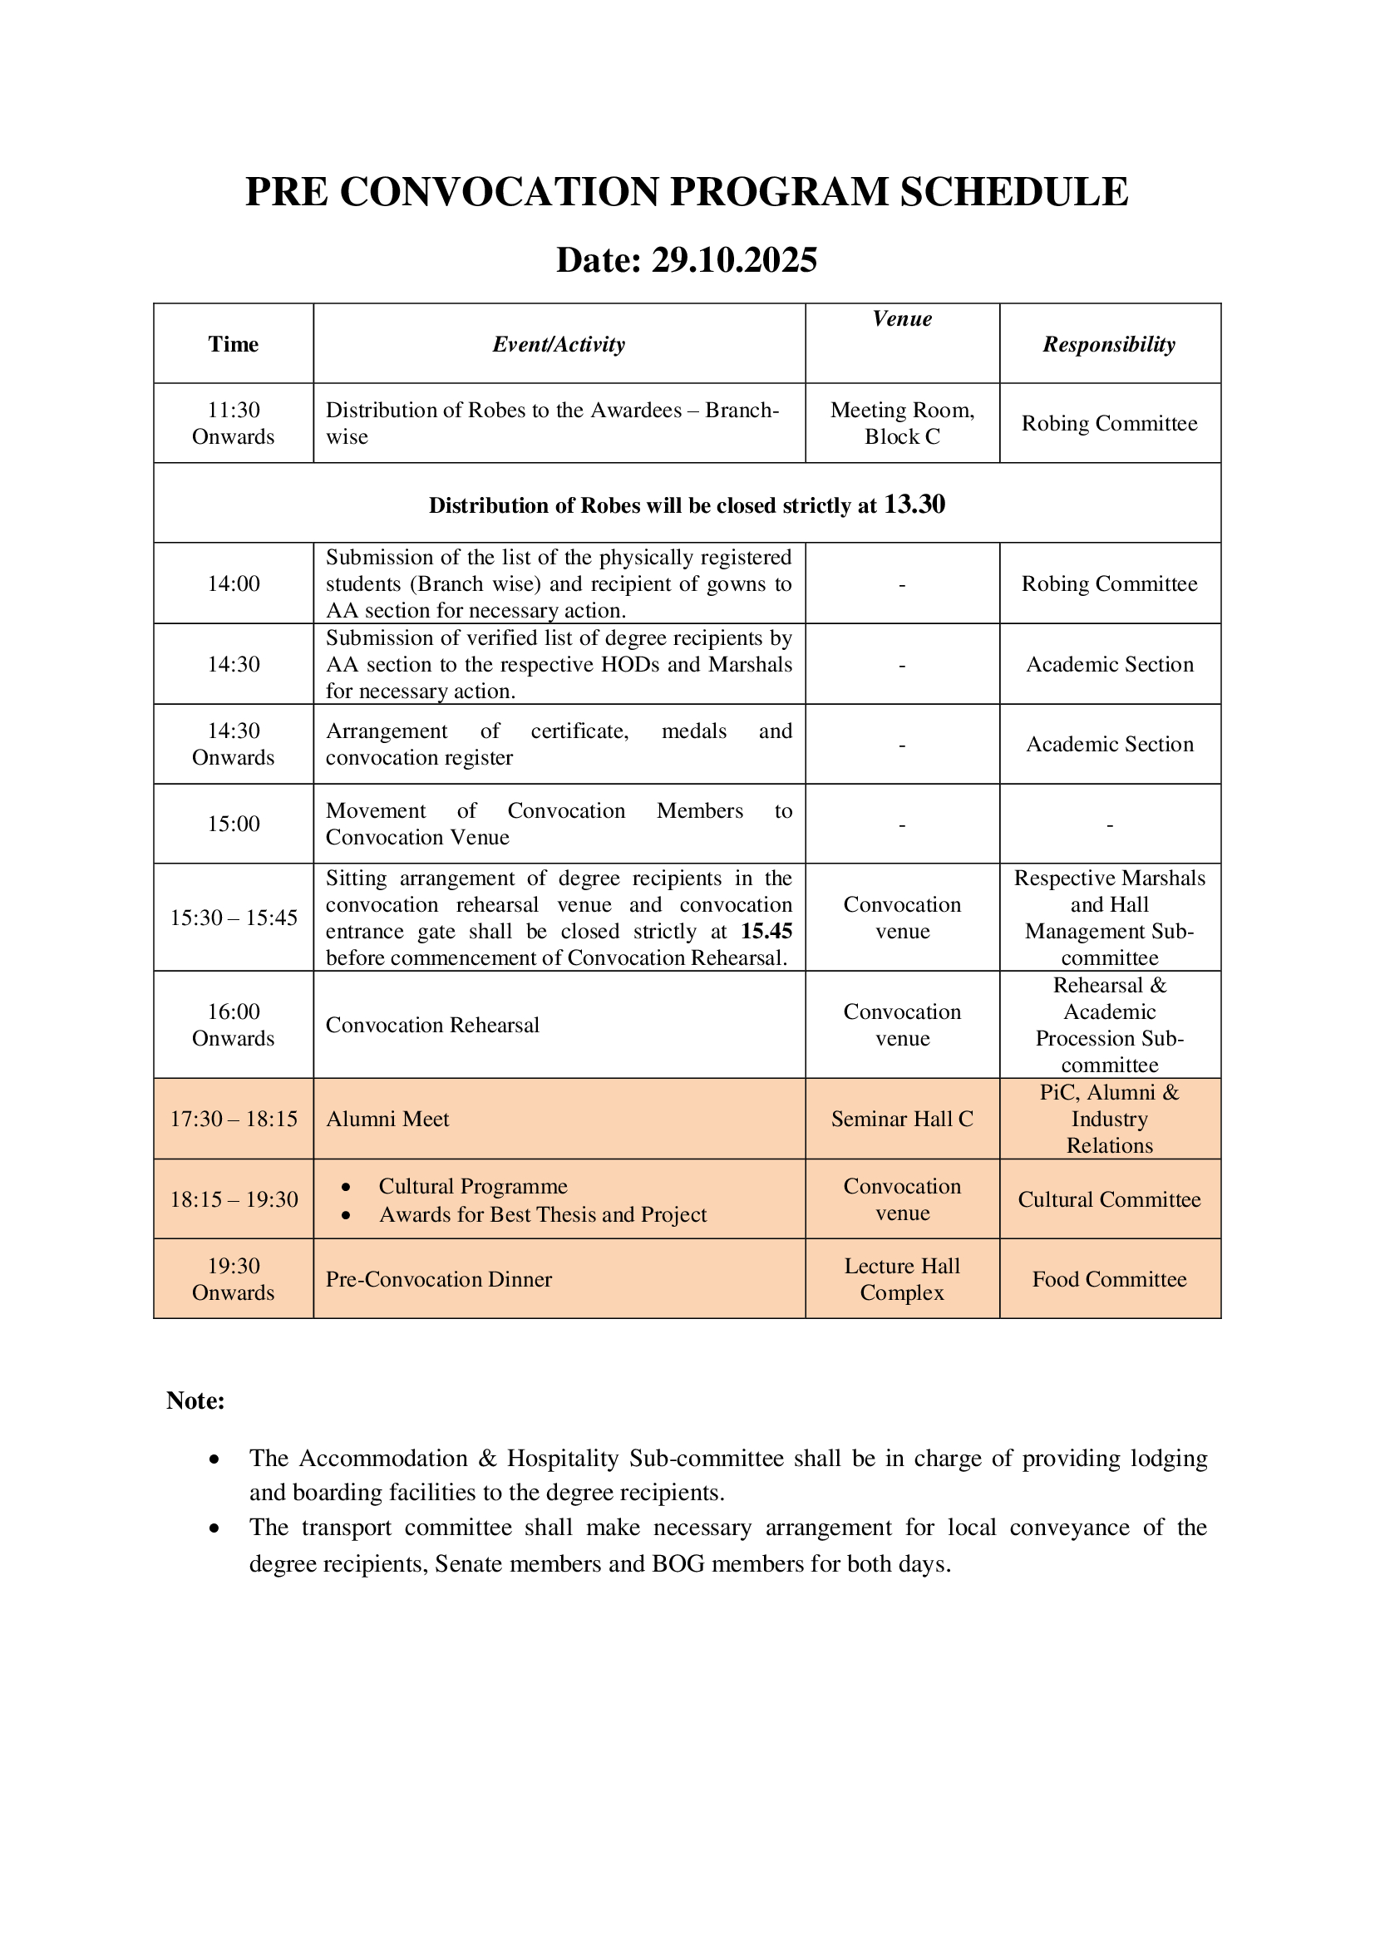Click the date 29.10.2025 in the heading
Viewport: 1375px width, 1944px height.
coord(733,260)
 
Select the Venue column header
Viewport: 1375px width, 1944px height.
coord(902,319)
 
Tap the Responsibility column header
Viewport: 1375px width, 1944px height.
coord(1108,344)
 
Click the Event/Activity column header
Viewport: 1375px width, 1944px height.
coord(559,344)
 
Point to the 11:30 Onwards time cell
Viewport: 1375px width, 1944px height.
coord(233,423)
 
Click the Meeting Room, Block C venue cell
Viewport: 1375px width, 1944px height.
coord(902,423)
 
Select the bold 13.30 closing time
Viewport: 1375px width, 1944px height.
coord(914,504)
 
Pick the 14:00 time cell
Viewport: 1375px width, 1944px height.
coord(233,583)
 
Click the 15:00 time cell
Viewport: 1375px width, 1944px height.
coord(233,824)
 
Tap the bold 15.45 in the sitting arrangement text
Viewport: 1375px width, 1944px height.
coord(766,932)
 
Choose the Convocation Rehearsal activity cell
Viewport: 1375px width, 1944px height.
coord(432,1026)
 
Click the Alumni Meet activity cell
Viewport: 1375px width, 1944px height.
coord(387,1120)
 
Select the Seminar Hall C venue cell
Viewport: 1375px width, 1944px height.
coord(902,1120)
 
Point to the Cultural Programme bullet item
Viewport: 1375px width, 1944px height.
coord(472,1186)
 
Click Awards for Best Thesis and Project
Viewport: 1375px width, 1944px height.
coord(543,1215)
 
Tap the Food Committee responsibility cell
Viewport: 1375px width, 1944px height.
coord(1109,1279)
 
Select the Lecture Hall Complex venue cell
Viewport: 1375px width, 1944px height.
coord(902,1279)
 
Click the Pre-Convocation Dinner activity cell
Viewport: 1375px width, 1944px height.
coord(439,1279)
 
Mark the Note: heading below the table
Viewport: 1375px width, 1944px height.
coord(195,1400)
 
